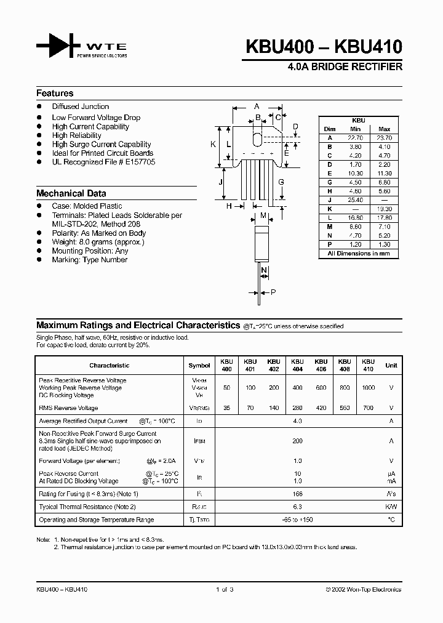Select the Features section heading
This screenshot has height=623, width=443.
pyautogui.click(x=55, y=94)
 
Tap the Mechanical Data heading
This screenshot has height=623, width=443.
pyautogui.click(x=71, y=193)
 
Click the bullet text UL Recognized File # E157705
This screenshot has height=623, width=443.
pyautogui.click(x=103, y=162)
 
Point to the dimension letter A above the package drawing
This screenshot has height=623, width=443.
pyautogui.click(x=256, y=106)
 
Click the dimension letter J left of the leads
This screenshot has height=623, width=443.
pyautogui.click(x=220, y=183)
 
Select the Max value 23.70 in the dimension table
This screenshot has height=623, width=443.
pyautogui.click(x=385, y=139)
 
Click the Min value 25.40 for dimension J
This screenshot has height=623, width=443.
pyautogui.click(x=356, y=200)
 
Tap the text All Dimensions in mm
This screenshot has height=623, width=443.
pyautogui.click(x=359, y=254)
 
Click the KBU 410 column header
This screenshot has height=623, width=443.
pyautogui.click(x=368, y=365)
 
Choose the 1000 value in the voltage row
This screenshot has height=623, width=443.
pyautogui.click(x=368, y=388)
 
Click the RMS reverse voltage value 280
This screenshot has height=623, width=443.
pyautogui.click(x=297, y=408)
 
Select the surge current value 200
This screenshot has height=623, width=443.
pyautogui.click(x=298, y=441)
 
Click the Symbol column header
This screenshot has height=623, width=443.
pyautogui.click(x=199, y=365)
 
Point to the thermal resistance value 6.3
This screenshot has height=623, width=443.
pyautogui.click(x=298, y=507)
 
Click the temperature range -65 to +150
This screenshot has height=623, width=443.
pyautogui.click(x=298, y=520)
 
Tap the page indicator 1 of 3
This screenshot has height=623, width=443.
pyautogui.click(x=225, y=590)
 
